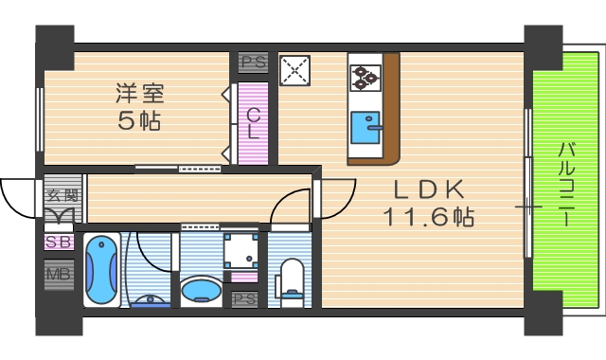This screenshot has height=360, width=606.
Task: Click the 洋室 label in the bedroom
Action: (140, 94)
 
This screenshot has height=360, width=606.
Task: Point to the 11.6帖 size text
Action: (428, 216)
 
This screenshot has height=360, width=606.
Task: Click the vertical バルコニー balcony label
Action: (565, 184)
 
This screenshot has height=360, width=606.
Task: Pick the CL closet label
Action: (253, 123)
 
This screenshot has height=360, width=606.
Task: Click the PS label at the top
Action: (253, 63)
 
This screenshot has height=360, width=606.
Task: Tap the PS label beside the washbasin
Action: (244, 299)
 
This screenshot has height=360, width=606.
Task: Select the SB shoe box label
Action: (58, 243)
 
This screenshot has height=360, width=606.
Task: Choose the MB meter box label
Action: (58, 276)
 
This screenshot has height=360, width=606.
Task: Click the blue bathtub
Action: (100, 269)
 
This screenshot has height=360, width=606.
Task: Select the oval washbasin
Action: (200, 288)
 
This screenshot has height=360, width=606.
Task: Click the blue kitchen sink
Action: (365, 125)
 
